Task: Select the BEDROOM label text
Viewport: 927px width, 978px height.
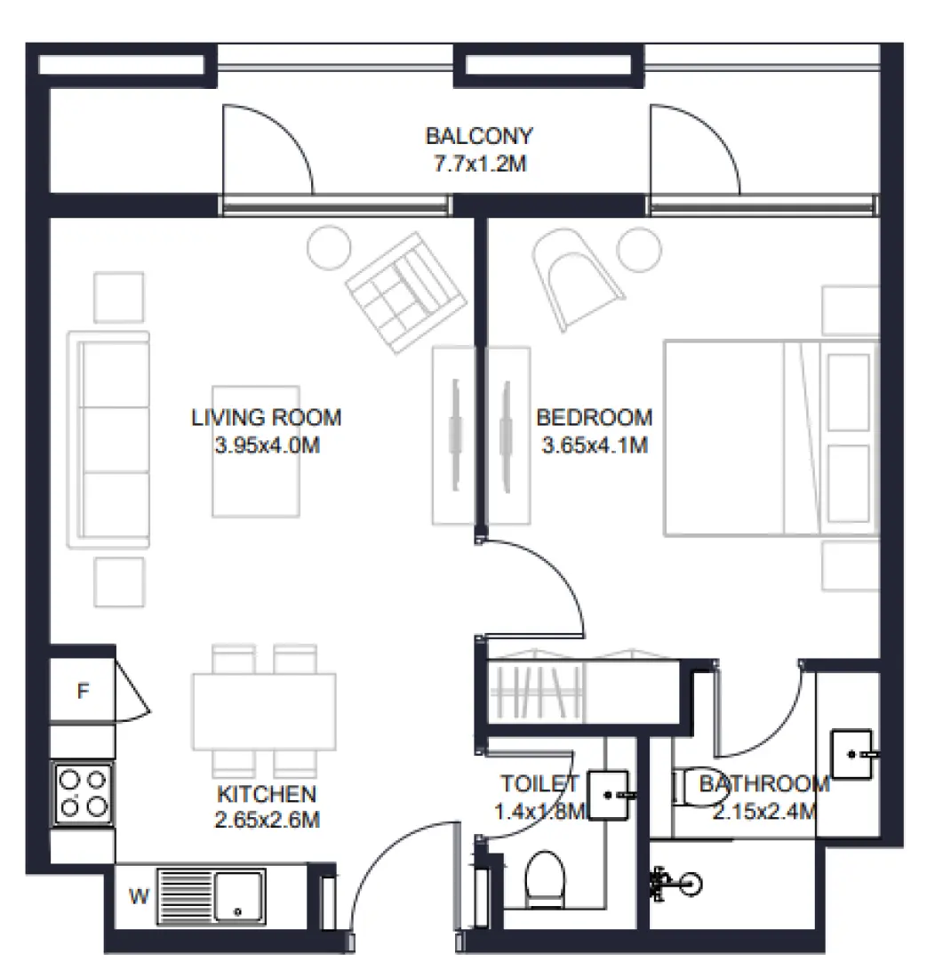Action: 594,417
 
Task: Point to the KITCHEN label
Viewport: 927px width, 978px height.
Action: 267,793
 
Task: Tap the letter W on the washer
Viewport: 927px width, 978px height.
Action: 139,896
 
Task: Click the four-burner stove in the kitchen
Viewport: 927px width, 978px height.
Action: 83,793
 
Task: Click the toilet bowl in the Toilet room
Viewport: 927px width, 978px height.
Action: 544,878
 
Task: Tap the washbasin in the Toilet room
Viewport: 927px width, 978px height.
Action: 609,794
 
